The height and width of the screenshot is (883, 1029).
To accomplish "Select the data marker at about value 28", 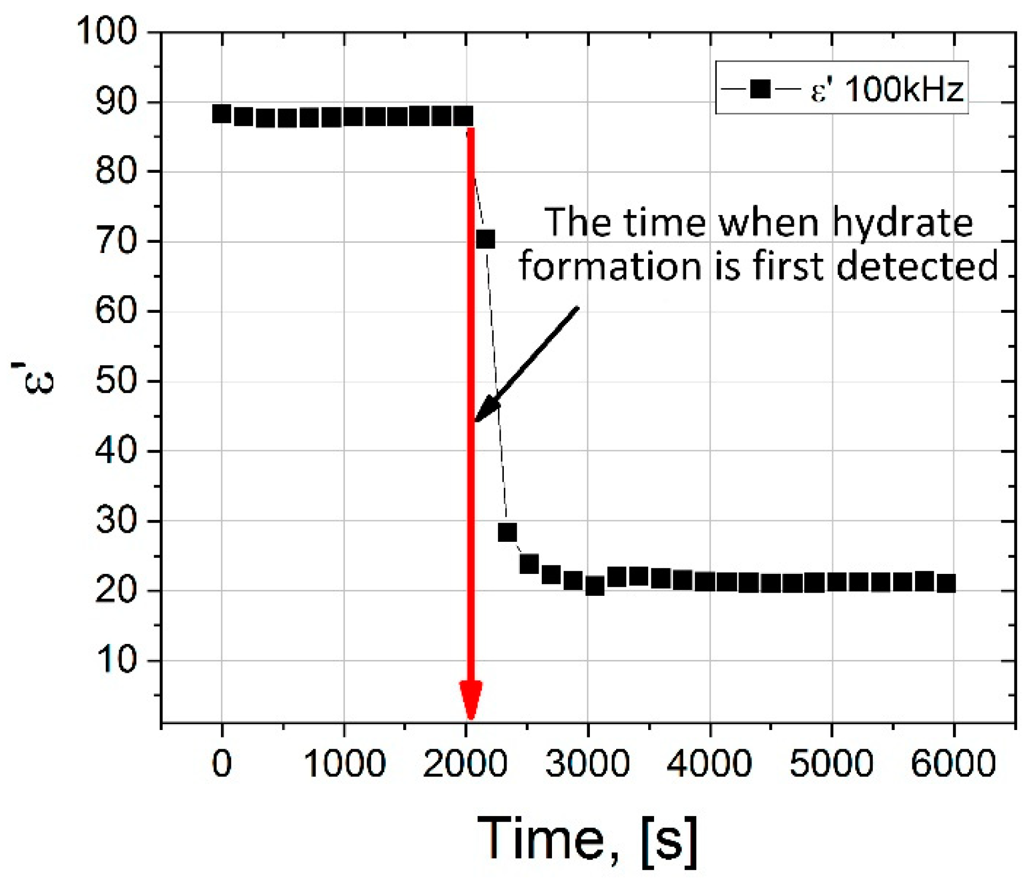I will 507,532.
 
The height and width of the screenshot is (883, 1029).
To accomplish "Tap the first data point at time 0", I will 221,113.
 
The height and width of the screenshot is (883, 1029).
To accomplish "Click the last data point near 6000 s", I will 946,583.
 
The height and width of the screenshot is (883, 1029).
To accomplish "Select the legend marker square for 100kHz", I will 760,89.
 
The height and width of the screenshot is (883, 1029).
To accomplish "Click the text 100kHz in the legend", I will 904,89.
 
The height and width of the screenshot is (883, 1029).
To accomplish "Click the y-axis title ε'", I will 33,380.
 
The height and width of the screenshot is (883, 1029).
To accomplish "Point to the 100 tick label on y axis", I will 106,30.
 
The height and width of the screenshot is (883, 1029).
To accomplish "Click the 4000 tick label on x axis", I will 709,763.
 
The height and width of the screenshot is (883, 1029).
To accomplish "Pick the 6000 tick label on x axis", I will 953,763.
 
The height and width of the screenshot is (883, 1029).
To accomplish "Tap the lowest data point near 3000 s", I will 595,586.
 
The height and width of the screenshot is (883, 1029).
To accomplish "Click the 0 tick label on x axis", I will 221,763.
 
